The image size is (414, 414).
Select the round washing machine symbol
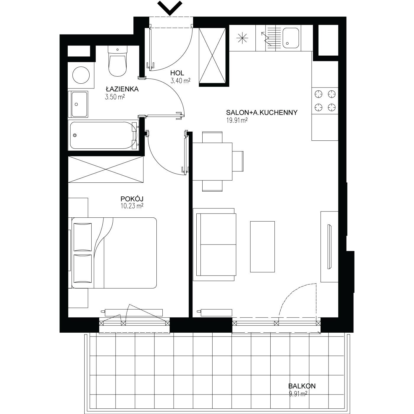pos(81,75)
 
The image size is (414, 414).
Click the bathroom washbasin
pos(78,104)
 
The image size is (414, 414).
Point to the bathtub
pos(103,135)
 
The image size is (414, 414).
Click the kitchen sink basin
pos(291,38)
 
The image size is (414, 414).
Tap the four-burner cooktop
pos(325,101)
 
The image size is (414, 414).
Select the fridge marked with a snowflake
pos(242,38)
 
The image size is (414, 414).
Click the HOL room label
pos(177,73)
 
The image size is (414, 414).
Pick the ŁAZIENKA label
pos(122,89)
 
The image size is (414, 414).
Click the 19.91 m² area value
pos(237,120)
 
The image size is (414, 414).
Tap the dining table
pos(212,161)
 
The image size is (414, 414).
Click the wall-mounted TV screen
pos(329,247)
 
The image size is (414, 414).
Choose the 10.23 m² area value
pos(132,206)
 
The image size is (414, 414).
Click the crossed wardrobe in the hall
pos(212,56)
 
